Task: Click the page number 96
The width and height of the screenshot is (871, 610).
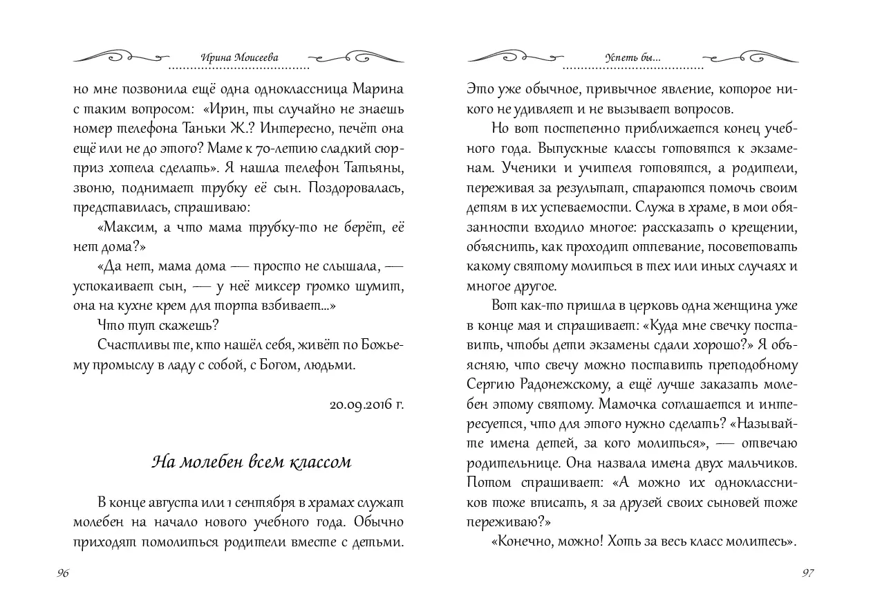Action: click(x=63, y=573)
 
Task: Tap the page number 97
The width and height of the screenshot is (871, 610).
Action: click(x=807, y=573)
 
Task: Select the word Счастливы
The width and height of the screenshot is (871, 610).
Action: click(x=132, y=344)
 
